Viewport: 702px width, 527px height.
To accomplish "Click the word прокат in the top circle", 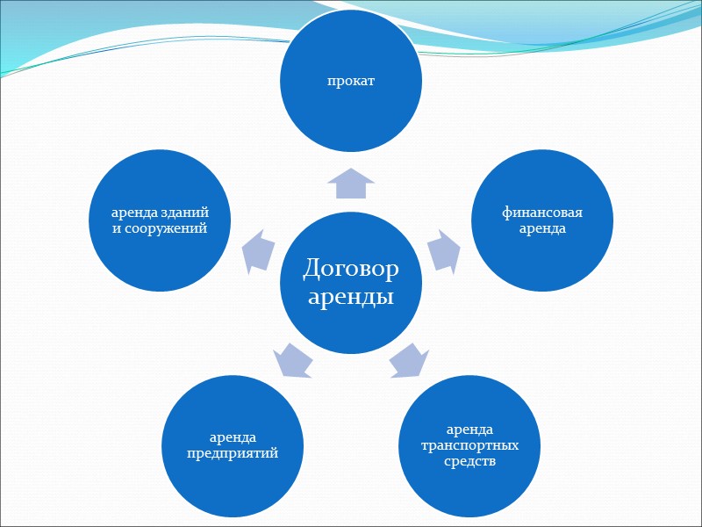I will [x=351, y=81].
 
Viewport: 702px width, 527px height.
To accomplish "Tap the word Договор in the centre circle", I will [x=351, y=268].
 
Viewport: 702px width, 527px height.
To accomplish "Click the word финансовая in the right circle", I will [x=542, y=213].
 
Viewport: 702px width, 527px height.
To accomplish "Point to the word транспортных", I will [x=470, y=445].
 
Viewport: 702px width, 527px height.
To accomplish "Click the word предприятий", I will [x=233, y=452].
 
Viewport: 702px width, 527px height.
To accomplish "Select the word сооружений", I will [x=168, y=228].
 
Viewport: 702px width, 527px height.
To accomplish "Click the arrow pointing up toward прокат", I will [x=351, y=184].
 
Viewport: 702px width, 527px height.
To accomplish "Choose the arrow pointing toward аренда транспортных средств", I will [x=408, y=360].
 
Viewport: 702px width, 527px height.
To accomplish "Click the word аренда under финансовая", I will [x=542, y=228].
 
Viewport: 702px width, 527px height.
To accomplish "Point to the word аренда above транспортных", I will [x=470, y=430].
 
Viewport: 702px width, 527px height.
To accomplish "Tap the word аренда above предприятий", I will [x=233, y=437].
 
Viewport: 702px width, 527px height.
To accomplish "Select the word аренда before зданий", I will [x=135, y=213].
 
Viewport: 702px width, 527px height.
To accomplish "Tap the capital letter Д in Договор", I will [x=312, y=268].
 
